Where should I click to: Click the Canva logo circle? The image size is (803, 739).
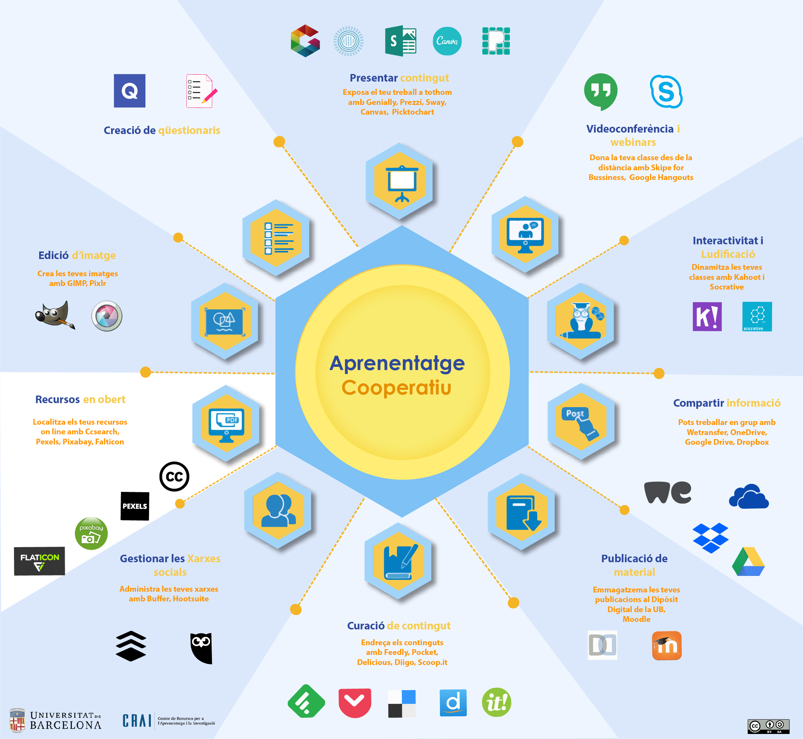pos(447,41)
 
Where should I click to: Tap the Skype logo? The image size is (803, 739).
pos(666,92)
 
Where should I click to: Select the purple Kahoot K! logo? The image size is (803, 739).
pos(707,317)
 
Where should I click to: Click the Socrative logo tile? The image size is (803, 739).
pos(757,317)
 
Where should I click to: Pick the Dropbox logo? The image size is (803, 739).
pos(710,538)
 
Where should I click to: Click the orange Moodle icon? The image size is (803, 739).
pos(666,646)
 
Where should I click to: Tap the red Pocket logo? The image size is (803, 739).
pos(354,703)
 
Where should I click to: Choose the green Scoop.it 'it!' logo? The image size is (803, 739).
pos(496,702)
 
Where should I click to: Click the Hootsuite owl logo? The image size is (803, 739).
pos(201,648)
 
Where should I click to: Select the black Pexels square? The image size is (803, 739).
pos(135,506)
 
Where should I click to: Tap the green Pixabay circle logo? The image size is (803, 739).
pos(91,534)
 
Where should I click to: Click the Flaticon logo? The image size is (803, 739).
pos(39,561)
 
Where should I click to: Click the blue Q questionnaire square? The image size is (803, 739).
pos(130,91)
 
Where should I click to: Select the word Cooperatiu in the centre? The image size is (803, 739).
pos(396,388)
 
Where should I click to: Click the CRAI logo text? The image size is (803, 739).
pos(137,721)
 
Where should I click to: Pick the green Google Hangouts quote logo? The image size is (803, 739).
pos(600,91)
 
